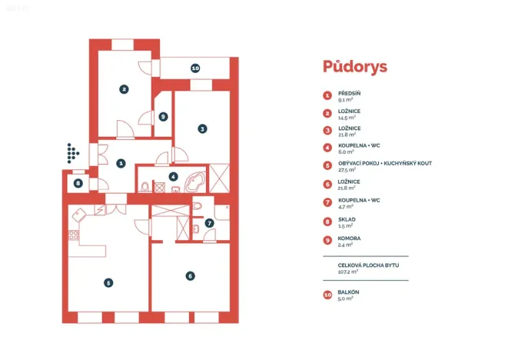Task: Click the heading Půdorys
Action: (x=355, y=66)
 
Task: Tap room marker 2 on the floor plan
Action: (x=124, y=88)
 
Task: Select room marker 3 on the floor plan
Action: (x=202, y=129)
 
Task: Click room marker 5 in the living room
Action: (x=108, y=282)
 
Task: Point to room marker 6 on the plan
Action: (x=190, y=275)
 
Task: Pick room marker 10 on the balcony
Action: (x=195, y=68)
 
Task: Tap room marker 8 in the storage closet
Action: (x=78, y=183)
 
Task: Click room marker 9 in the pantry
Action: (x=163, y=117)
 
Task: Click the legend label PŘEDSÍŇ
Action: (x=349, y=93)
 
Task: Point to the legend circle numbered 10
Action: (x=328, y=295)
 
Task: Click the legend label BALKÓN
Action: (x=349, y=292)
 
